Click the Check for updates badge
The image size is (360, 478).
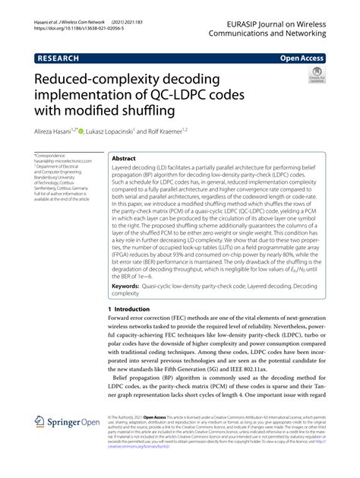[315, 75]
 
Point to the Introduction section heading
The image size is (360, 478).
[124, 289]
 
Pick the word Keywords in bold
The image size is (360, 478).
[134, 263]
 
